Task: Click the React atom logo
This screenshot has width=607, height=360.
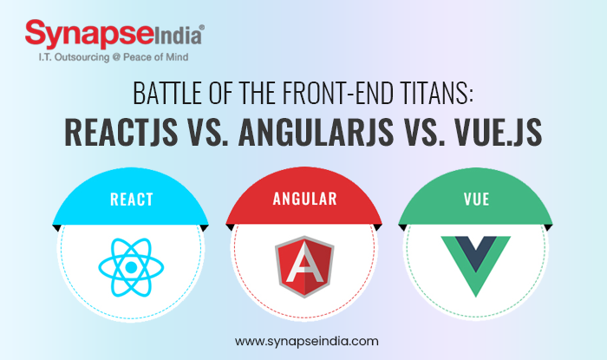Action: [x=130, y=265]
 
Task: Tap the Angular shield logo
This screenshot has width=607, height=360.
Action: [x=303, y=265]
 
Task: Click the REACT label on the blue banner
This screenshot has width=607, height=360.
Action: [x=131, y=199]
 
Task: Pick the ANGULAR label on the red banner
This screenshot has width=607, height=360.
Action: [x=303, y=199]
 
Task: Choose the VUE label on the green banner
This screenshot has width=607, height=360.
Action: [x=476, y=199]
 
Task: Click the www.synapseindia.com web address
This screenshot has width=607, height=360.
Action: [x=303, y=341]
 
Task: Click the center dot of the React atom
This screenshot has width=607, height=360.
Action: [x=130, y=265]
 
